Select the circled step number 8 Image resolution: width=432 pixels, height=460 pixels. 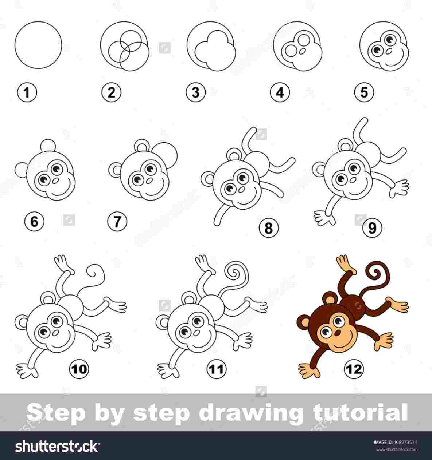pos(268,228)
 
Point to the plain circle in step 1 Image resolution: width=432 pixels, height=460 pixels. pos(38,45)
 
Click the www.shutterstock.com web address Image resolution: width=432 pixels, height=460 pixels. pos(396,449)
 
